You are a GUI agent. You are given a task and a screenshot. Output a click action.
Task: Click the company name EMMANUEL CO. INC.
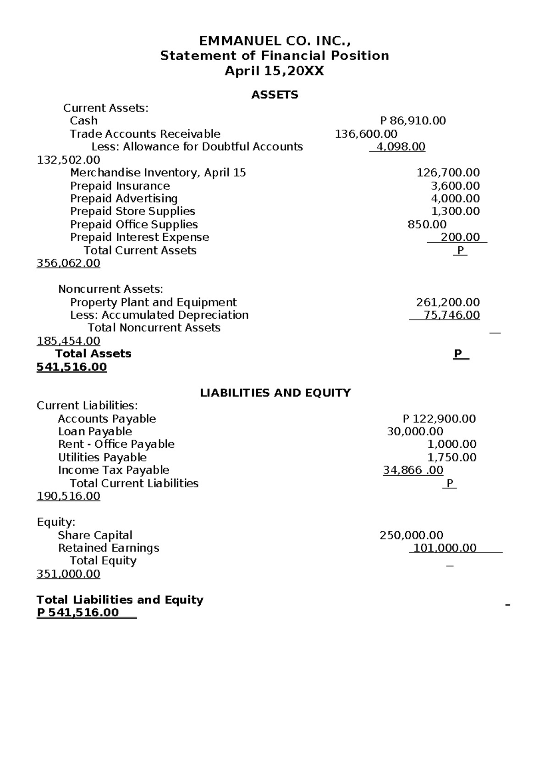click(275, 41)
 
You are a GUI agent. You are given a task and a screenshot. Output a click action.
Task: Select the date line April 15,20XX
click(274, 72)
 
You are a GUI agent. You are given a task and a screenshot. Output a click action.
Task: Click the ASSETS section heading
click(275, 95)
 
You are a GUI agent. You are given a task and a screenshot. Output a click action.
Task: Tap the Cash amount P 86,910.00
click(413, 121)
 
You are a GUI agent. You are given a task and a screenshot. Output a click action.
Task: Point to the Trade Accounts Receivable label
click(145, 134)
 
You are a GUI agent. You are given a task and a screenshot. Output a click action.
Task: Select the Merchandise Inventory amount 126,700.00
click(448, 172)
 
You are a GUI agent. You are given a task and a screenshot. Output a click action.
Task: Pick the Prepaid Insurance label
click(120, 186)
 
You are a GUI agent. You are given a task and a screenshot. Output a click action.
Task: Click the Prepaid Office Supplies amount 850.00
click(427, 224)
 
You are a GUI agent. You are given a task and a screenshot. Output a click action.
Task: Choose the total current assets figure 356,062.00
click(68, 263)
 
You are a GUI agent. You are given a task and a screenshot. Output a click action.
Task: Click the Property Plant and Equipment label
click(153, 302)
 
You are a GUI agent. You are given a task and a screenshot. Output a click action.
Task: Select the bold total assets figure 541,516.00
click(71, 367)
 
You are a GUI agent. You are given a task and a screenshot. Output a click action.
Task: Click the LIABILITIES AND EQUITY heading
click(275, 393)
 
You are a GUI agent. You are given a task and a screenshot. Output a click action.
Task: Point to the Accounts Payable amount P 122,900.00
click(439, 419)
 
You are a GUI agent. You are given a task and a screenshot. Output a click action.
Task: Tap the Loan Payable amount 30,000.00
click(415, 432)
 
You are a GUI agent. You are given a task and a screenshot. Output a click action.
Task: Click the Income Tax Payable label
click(113, 470)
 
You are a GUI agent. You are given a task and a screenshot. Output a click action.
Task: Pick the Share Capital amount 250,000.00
click(411, 535)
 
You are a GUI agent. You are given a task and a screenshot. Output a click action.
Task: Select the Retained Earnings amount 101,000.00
click(445, 548)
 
